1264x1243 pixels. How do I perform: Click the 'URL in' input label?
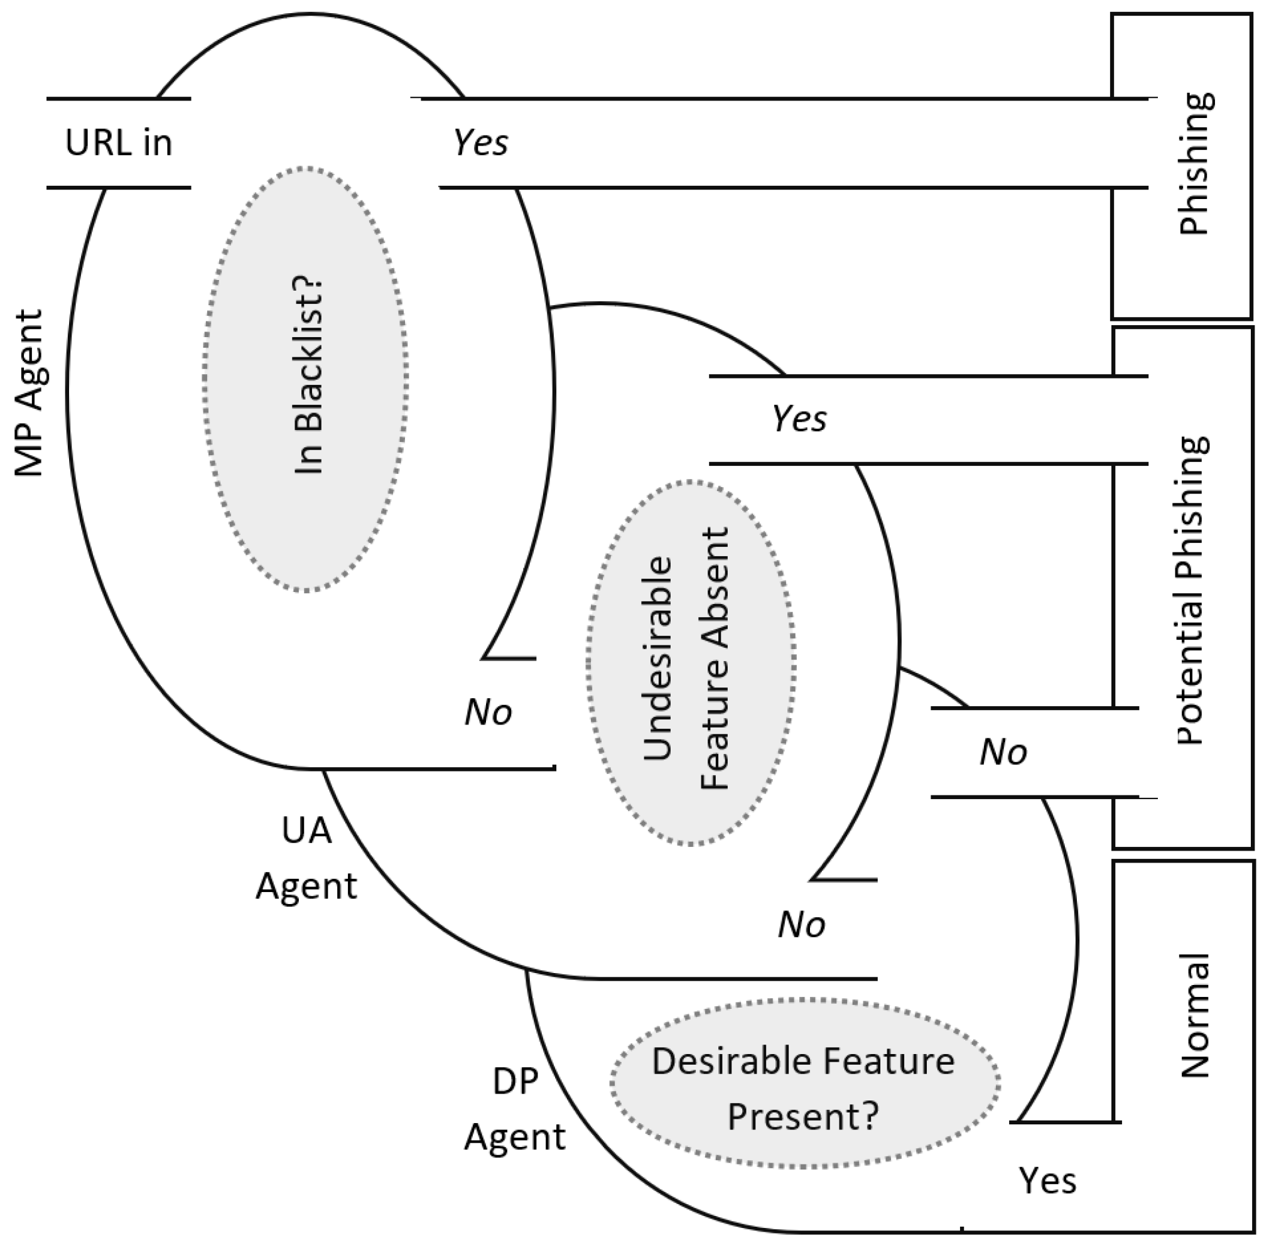119,143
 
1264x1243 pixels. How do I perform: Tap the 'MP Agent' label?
30,394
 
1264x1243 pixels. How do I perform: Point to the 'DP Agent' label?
515,1109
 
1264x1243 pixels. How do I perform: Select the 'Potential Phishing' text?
1192,590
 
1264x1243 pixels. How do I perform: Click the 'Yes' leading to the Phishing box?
480,143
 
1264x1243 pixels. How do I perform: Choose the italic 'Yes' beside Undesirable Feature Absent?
799,419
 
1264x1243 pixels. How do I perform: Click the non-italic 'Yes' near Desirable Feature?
1047,1180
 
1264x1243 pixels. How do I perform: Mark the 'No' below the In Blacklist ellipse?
489,713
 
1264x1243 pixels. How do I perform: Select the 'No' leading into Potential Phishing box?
1003,753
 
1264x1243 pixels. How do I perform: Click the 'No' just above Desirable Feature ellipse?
802,925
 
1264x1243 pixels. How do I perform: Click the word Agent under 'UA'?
306,886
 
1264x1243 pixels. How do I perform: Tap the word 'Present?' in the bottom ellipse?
803,1116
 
